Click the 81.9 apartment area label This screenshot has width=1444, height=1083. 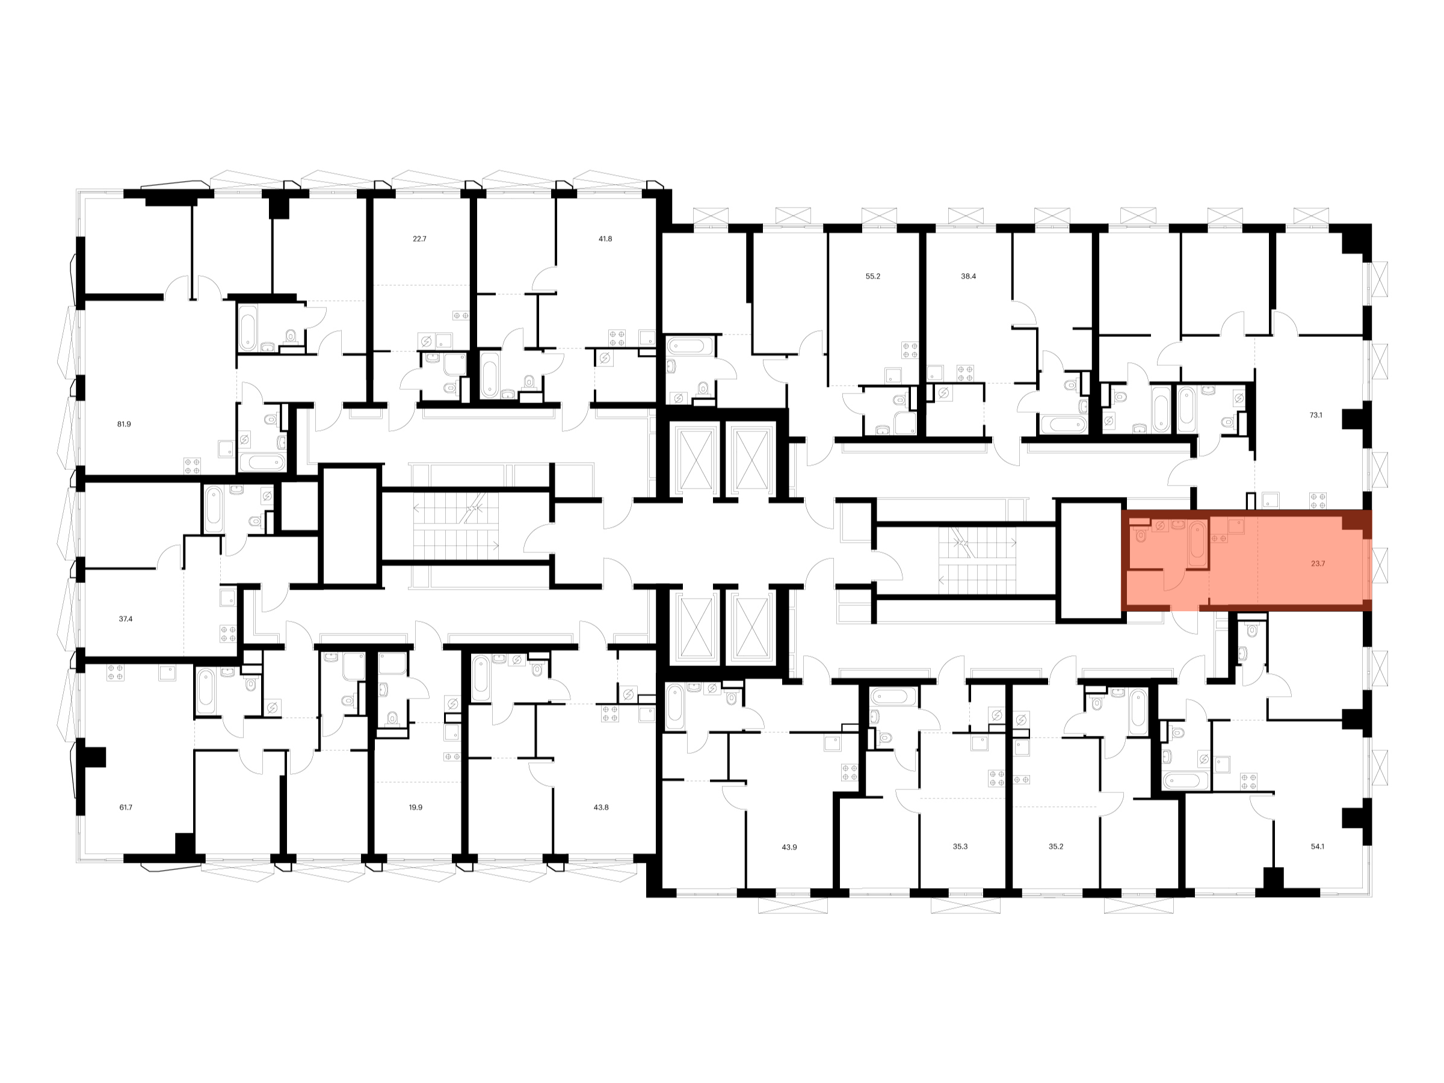click(124, 424)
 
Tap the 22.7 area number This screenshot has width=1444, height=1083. click(419, 239)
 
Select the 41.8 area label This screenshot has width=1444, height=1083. click(605, 239)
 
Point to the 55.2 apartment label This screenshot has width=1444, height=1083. click(873, 276)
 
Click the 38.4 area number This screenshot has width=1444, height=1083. click(968, 276)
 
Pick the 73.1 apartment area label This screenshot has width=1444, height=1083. click(1316, 415)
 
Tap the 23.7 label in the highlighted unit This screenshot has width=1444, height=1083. click(1318, 563)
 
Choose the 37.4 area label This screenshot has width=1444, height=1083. click(125, 619)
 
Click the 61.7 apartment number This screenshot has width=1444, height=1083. click(125, 807)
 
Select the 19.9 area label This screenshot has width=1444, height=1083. click(415, 807)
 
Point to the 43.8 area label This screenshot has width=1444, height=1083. click(600, 807)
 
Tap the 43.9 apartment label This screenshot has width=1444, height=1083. click(789, 847)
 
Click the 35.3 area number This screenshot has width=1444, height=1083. click(960, 847)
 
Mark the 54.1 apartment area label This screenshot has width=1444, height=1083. click(1318, 847)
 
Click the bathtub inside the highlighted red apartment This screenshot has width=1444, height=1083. click(1197, 543)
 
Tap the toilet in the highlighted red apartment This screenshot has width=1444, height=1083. click(1140, 536)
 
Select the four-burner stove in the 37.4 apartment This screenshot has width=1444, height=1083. click(228, 633)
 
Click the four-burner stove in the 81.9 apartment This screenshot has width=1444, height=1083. click(192, 466)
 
